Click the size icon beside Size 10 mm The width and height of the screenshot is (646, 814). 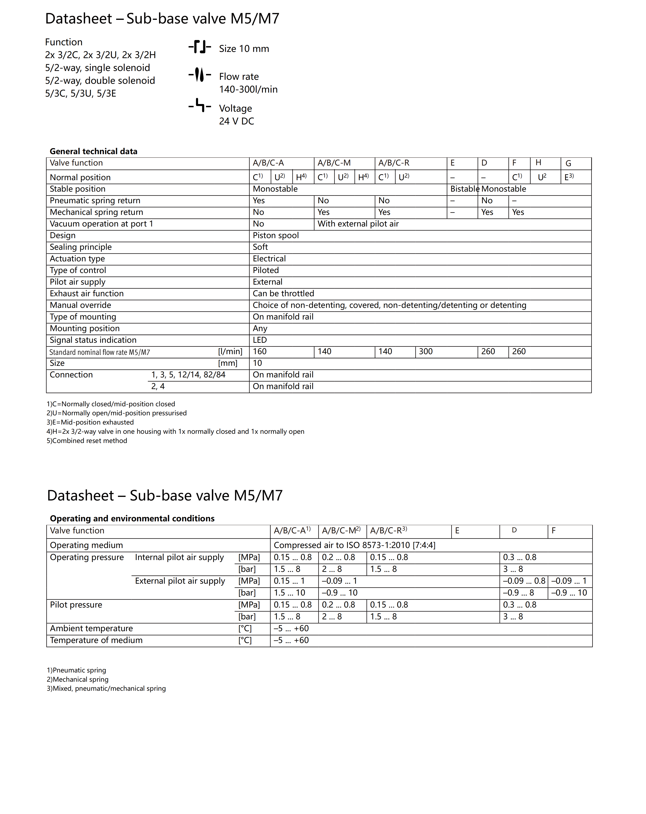pyautogui.click(x=199, y=47)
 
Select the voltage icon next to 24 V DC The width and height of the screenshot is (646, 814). pyautogui.click(x=199, y=106)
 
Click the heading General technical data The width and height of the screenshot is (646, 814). pyautogui.click(x=93, y=151)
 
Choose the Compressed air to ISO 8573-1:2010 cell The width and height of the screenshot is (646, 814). pyautogui.click(x=354, y=545)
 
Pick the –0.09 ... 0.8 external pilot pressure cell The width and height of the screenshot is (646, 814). pyautogui.click(x=524, y=581)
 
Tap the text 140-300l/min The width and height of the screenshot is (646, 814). pyautogui.click(x=248, y=89)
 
